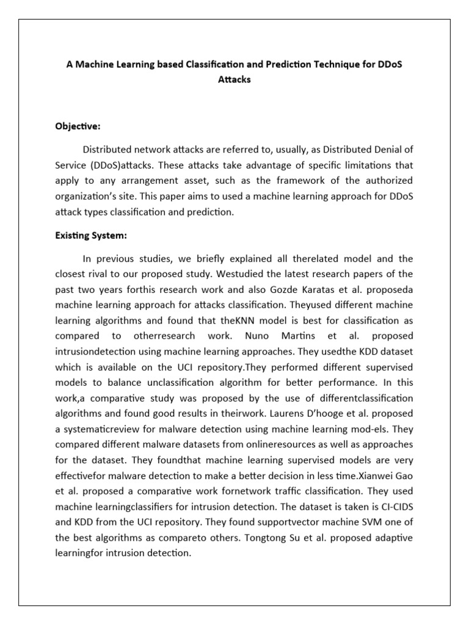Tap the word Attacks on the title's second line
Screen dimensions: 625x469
click(234, 79)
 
